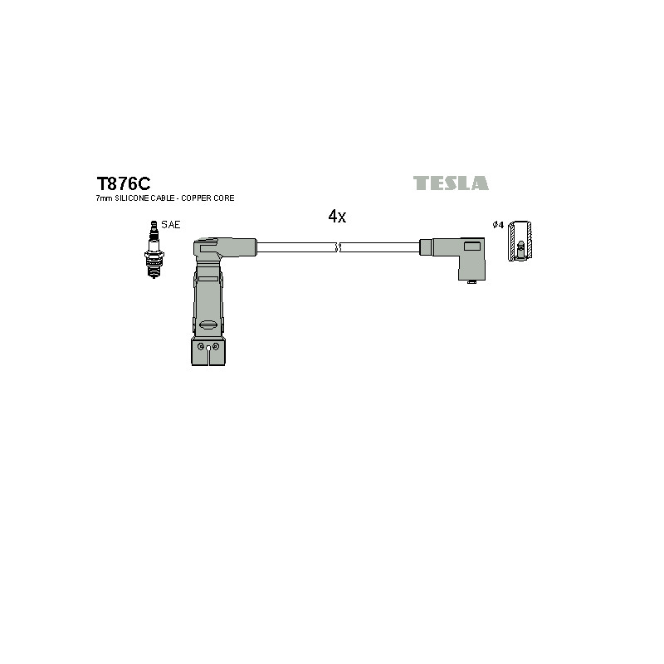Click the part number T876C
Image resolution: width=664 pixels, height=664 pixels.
point(123,183)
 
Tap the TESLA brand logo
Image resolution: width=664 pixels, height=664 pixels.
point(451,183)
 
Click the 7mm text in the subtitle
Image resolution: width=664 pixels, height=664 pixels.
point(105,198)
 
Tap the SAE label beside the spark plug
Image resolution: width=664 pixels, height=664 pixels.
point(171,225)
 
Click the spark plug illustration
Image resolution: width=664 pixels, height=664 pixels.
point(154,249)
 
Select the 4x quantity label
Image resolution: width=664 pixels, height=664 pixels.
point(337,217)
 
